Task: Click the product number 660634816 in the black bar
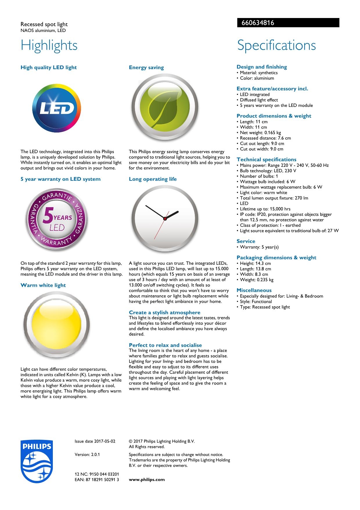tap(258, 23)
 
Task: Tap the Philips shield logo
tap(37, 461)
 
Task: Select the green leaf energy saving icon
tap(165, 108)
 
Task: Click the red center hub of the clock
tap(165, 219)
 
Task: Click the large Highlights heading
tap(49, 45)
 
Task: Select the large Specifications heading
tap(276, 45)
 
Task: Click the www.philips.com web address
tap(147, 479)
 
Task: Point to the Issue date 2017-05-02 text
tap(95, 441)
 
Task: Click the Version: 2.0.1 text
tap(87, 454)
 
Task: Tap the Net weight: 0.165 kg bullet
tap(260, 133)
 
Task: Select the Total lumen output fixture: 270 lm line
tap(274, 198)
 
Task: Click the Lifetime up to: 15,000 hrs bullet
tap(265, 209)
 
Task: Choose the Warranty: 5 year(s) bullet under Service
tap(259, 247)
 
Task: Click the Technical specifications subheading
tap(267, 159)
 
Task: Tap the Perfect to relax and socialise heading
tap(165, 345)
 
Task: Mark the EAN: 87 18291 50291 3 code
tap(97, 479)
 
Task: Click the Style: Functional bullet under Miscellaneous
tap(256, 302)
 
